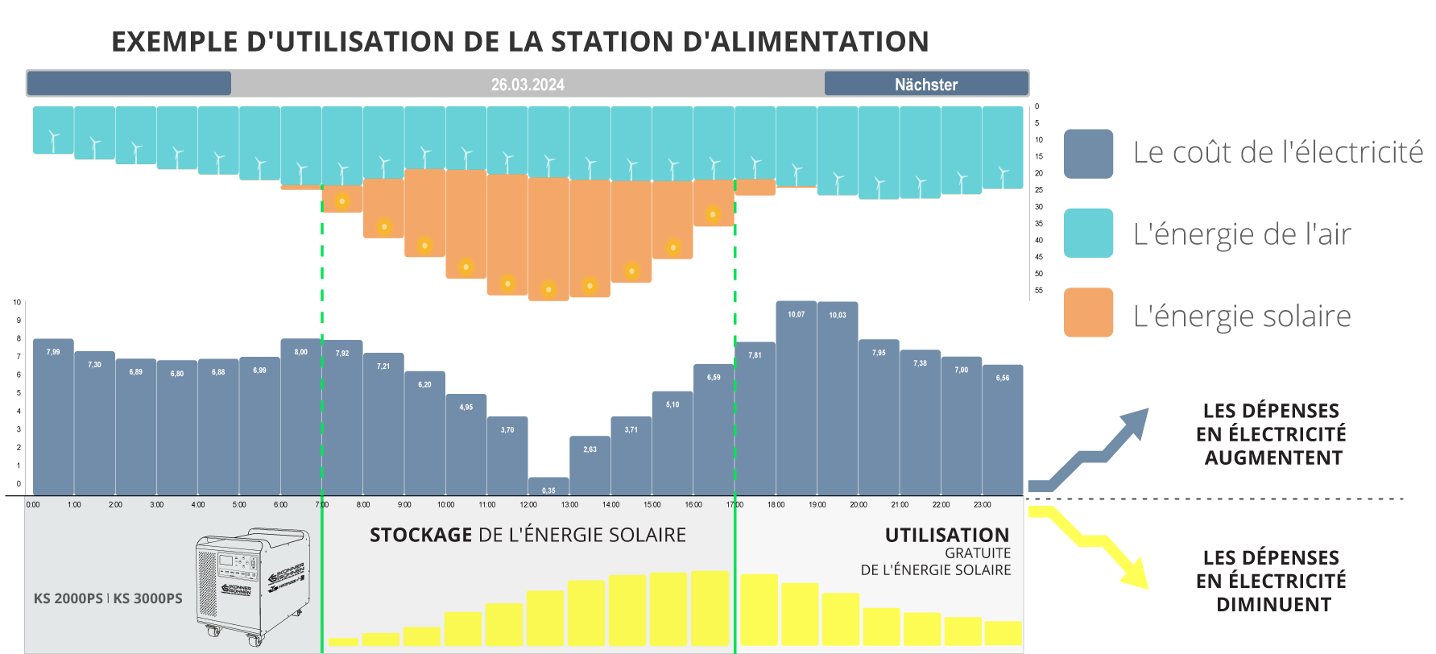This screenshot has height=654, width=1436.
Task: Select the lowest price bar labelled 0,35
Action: coord(548,486)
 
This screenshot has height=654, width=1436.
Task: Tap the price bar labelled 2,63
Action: coord(590,466)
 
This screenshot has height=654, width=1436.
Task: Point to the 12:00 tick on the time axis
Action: coord(528,504)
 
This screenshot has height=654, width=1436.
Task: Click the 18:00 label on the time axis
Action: coord(776,504)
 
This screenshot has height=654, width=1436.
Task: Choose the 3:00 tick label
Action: coord(156,504)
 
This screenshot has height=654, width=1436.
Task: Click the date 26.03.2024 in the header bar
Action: coord(528,85)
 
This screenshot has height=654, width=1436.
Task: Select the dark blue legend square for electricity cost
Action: coord(1088,154)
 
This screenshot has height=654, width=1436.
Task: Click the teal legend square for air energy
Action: coord(1088,233)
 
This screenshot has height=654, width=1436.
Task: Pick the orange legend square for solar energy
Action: coord(1088,313)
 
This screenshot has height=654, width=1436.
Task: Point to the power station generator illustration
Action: coord(252,586)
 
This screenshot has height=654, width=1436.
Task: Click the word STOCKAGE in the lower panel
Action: coord(420,535)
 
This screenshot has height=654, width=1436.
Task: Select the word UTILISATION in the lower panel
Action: coord(946,535)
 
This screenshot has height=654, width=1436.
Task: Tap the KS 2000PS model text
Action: coord(68,598)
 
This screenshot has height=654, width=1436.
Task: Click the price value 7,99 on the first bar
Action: coord(53,352)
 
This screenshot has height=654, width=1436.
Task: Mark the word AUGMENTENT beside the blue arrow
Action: coord(1273,457)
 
